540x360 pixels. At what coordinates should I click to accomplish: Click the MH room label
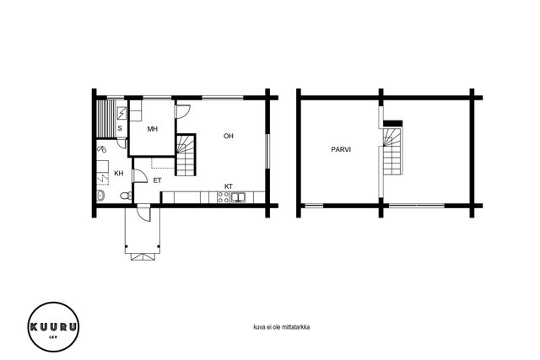click(153, 129)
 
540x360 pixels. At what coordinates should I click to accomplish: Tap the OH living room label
click(229, 136)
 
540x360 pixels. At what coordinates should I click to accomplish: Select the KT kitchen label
click(229, 186)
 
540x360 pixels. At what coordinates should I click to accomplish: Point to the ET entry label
click(158, 180)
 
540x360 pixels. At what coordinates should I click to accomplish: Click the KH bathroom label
click(119, 173)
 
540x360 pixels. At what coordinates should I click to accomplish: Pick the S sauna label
click(120, 128)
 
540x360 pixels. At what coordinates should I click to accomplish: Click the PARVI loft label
click(341, 150)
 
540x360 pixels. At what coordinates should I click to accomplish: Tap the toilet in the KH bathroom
click(126, 196)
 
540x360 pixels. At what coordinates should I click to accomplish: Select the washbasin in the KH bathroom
click(100, 196)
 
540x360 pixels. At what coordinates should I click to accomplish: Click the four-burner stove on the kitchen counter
click(223, 197)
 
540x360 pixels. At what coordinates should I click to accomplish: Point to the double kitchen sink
click(238, 197)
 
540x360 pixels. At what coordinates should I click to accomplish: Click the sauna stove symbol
click(121, 113)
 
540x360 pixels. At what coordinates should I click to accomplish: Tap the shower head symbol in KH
click(101, 149)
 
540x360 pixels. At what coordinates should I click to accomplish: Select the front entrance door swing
click(144, 212)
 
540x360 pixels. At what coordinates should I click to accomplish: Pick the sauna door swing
click(121, 143)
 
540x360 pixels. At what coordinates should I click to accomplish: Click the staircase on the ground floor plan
click(186, 155)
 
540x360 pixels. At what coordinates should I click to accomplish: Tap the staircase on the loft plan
click(392, 152)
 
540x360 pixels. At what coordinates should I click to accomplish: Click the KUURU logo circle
click(53, 327)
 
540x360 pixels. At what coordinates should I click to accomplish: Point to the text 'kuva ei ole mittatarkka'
click(281, 327)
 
